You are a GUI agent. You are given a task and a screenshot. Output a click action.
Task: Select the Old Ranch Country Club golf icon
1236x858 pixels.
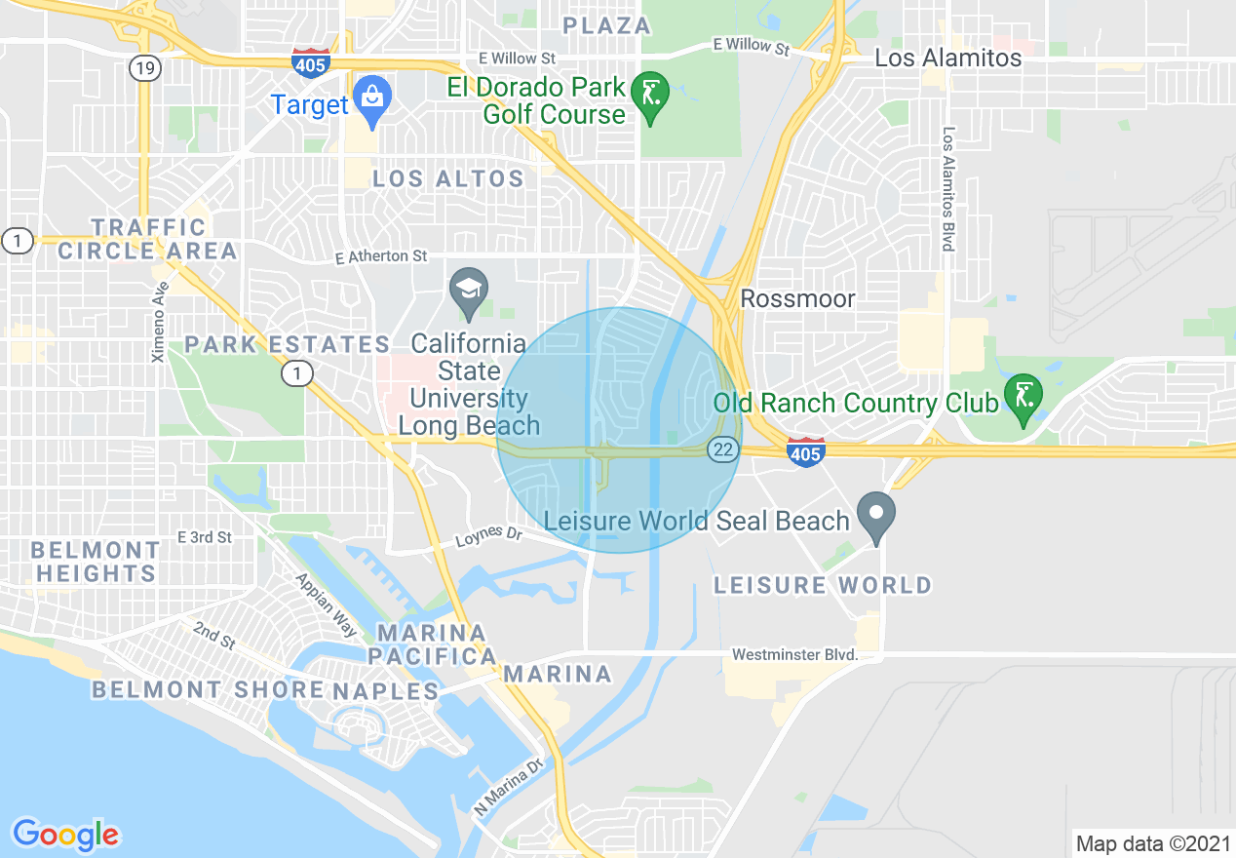pos(1023,398)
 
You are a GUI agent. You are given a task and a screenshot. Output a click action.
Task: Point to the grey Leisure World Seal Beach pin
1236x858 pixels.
pos(875,515)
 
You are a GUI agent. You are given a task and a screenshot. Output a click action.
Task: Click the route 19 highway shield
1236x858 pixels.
pos(144,68)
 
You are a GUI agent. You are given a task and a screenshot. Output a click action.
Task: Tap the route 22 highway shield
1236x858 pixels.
pos(722,448)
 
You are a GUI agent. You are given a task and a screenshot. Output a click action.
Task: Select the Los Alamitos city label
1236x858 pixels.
pos(947,58)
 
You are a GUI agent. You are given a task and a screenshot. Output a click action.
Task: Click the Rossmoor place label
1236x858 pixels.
pos(797,298)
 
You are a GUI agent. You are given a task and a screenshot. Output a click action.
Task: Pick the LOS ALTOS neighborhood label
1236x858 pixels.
pos(448,178)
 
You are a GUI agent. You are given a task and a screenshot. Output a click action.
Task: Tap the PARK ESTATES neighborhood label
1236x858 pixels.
pos(288,344)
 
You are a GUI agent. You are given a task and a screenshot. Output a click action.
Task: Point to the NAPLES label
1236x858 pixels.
pos(386,691)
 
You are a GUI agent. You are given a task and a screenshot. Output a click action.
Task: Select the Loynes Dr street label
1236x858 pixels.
pos(489,535)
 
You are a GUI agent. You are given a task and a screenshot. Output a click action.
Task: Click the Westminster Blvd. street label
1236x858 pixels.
pos(794,654)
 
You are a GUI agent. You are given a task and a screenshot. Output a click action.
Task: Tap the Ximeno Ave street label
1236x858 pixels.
pos(159,322)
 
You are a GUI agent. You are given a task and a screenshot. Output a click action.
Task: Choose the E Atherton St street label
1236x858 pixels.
pos(381,256)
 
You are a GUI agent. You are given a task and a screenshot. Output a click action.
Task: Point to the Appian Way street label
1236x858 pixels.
pos(326,604)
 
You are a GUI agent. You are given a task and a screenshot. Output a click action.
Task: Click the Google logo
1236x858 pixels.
pos(65,835)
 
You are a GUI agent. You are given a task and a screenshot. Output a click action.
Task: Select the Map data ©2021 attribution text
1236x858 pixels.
pos(1151,842)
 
